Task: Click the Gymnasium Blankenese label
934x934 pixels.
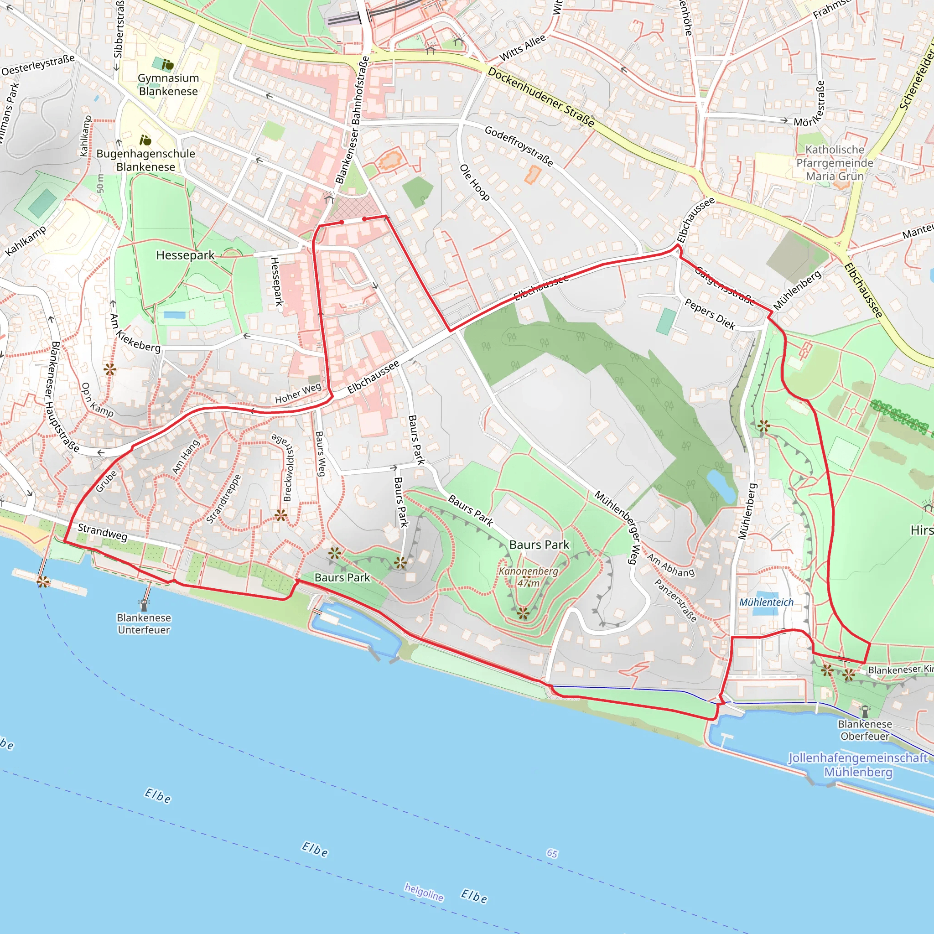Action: coord(168,85)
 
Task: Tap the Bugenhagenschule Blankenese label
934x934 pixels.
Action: coord(145,160)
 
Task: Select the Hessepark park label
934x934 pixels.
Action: coord(185,255)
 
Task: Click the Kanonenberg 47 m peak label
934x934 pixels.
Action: coord(528,577)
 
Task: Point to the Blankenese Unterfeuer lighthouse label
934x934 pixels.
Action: coord(144,623)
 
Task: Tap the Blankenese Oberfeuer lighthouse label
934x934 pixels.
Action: coord(865,730)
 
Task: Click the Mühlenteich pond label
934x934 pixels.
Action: coord(766,602)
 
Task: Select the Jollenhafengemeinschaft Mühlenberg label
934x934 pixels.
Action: coord(858,764)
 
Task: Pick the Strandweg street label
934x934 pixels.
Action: coord(103,532)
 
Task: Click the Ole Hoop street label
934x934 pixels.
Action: coord(474,182)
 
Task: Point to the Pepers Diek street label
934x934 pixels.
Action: coord(710,314)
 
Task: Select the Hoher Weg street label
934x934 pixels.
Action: coord(298,393)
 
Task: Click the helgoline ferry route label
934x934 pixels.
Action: coord(424,892)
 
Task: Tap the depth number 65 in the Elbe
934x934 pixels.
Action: coord(552,853)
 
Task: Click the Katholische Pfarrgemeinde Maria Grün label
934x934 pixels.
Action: coord(835,163)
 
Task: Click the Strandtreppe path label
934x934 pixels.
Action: coord(223,499)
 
